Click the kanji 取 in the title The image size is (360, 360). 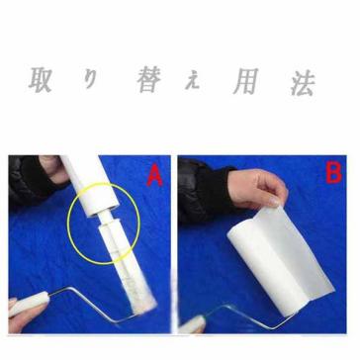click(41, 80)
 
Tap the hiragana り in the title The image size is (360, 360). click(90, 80)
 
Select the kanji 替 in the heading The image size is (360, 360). click(149, 80)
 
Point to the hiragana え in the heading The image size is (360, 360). click(193, 82)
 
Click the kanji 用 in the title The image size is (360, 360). click(245, 81)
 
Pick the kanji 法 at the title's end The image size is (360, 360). click(303, 83)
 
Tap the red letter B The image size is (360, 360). click(333, 173)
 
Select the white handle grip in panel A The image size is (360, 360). click(31, 304)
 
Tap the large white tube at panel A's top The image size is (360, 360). click(89, 185)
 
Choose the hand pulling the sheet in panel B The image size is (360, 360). click(257, 188)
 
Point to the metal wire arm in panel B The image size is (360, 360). click(250, 316)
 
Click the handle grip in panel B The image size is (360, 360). click(192, 324)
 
